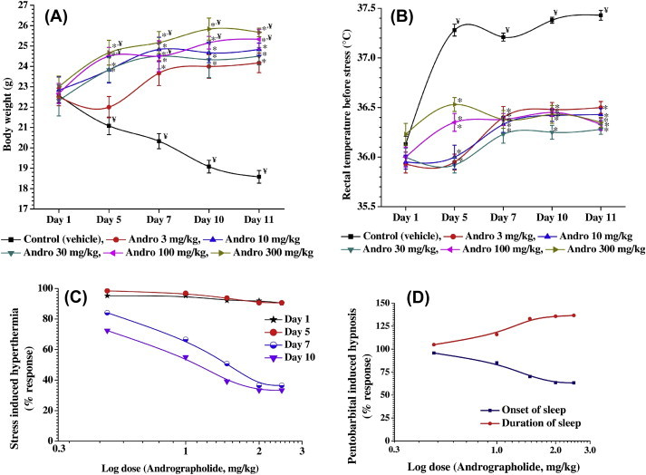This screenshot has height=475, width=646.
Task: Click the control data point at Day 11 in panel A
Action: (259, 178)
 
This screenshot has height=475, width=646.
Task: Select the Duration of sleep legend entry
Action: (535, 422)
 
